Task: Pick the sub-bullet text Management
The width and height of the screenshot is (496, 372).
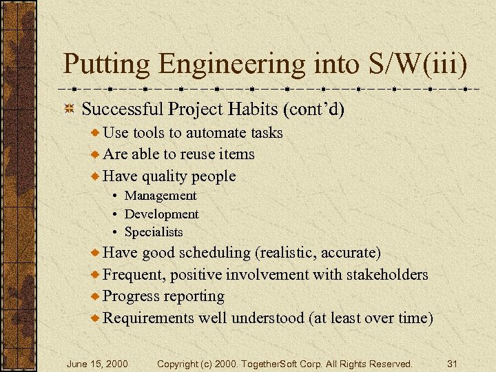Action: pyautogui.click(x=161, y=196)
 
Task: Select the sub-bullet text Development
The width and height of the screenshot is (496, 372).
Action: pyautogui.click(x=161, y=214)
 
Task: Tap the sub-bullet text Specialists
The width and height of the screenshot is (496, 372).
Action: pyautogui.click(x=154, y=232)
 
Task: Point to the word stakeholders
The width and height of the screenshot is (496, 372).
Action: pyautogui.click(x=387, y=275)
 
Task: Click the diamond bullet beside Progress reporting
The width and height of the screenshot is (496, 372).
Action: pyautogui.click(x=96, y=296)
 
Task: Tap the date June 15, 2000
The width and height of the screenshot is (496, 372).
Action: pyautogui.click(x=96, y=363)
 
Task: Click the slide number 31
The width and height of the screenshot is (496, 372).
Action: pyautogui.click(x=453, y=363)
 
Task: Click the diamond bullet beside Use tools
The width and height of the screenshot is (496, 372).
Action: pyautogui.click(x=96, y=132)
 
